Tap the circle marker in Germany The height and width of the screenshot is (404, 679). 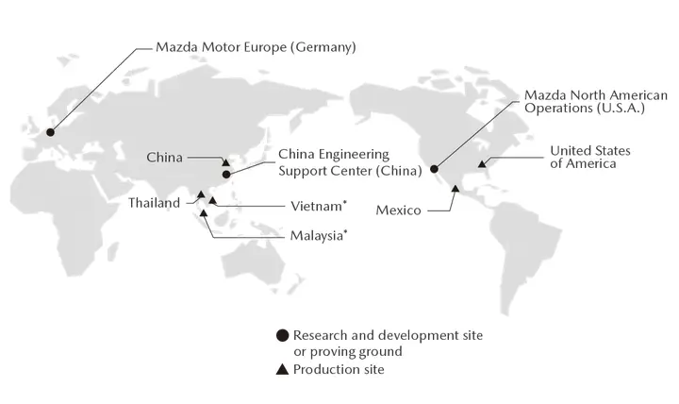click(x=50, y=131)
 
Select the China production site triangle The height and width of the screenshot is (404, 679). click(x=224, y=162)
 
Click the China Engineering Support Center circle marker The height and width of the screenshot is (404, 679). click(x=226, y=174)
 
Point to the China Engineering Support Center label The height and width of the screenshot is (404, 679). click(x=335, y=162)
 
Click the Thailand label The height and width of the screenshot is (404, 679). click(x=154, y=203)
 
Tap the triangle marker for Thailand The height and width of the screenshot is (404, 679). click(x=200, y=194)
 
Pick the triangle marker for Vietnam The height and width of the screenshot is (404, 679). click(x=212, y=200)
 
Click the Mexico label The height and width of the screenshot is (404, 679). click(x=398, y=210)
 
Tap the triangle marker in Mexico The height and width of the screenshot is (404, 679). click(x=455, y=189)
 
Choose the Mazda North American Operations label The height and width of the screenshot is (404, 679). click(x=595, y=102)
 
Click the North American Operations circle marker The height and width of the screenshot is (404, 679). click(x=435, y=169)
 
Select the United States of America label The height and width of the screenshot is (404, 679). click(x=590, y=157)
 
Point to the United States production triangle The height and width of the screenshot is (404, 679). click(x=481, y=163)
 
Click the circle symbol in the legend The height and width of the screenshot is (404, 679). click(x=281, y=335)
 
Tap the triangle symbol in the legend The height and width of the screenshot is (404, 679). click(x=281, y=370)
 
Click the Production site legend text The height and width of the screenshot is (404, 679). click(x=339, y=370)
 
